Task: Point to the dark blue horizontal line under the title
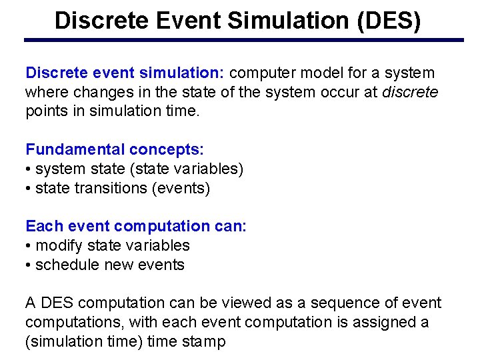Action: click(x=243, y=40)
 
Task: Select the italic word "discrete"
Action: click(x=410, y=92)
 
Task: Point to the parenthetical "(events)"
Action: click(x=181, y=188)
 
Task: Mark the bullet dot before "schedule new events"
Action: click(x=29, y=265)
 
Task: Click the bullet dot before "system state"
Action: click(x=29, y=169)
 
